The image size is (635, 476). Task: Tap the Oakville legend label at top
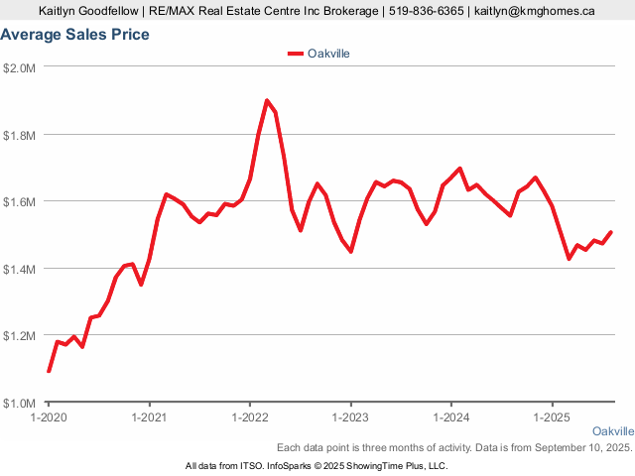point(329,53)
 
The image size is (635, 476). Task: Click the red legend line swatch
point(295,54)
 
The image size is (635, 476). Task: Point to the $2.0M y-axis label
point(20,67)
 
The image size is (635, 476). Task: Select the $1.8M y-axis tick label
point(20,135)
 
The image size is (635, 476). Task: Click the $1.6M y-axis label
point(20,201)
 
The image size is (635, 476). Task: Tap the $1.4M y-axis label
point(20,269)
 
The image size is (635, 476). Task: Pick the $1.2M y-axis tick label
point(20,336)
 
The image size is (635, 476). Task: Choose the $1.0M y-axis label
point(20,404)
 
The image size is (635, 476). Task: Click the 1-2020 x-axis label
point(49,417)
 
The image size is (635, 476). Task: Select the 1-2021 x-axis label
point(149,417)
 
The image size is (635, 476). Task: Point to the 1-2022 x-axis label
point(250,417)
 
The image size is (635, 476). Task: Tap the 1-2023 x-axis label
point(350,417)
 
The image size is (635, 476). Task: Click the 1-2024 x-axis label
point(451,417)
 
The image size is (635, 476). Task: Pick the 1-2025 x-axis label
point(552,417)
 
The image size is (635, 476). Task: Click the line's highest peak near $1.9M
point(267,100)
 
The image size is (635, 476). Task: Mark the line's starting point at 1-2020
point(49,371)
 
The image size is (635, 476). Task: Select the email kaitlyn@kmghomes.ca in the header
point(535,11)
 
